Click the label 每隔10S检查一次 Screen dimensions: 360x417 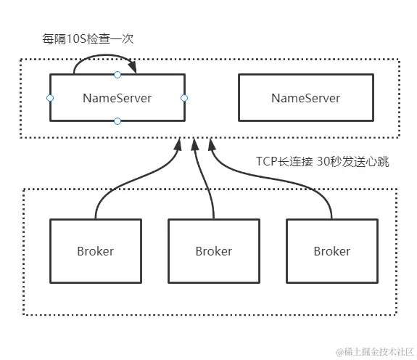(88, 38)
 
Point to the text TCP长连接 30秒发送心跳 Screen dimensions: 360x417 (323, 162)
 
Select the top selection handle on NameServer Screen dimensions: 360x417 (117, 74)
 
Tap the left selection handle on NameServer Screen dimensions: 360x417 (50, 97)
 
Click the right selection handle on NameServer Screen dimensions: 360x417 (184, 97)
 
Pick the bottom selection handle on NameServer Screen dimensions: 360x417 (117, 121)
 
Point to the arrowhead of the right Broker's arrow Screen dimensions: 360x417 (212, 144)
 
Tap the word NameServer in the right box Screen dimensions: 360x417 (305, 98)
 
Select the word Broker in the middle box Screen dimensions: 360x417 (213, 252)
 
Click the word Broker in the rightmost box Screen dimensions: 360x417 (331, 252)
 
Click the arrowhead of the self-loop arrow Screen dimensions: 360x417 (133, 69)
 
